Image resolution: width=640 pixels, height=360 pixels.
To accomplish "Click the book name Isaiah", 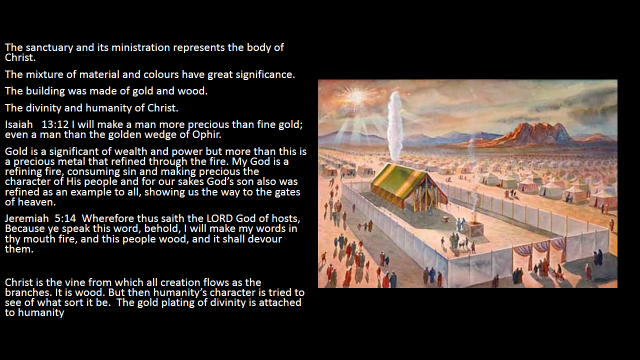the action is tap(19, 124).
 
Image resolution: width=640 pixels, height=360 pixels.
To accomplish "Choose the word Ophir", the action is tap(207, 135).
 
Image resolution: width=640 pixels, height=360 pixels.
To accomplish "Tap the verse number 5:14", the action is tap(65, 218).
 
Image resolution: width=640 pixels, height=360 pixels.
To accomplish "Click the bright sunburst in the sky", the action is tap(356, 97).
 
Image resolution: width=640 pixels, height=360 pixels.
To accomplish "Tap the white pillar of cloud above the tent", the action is tap(394, 126).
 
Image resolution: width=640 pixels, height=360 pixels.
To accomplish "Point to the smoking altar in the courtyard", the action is tap(475, 228).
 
